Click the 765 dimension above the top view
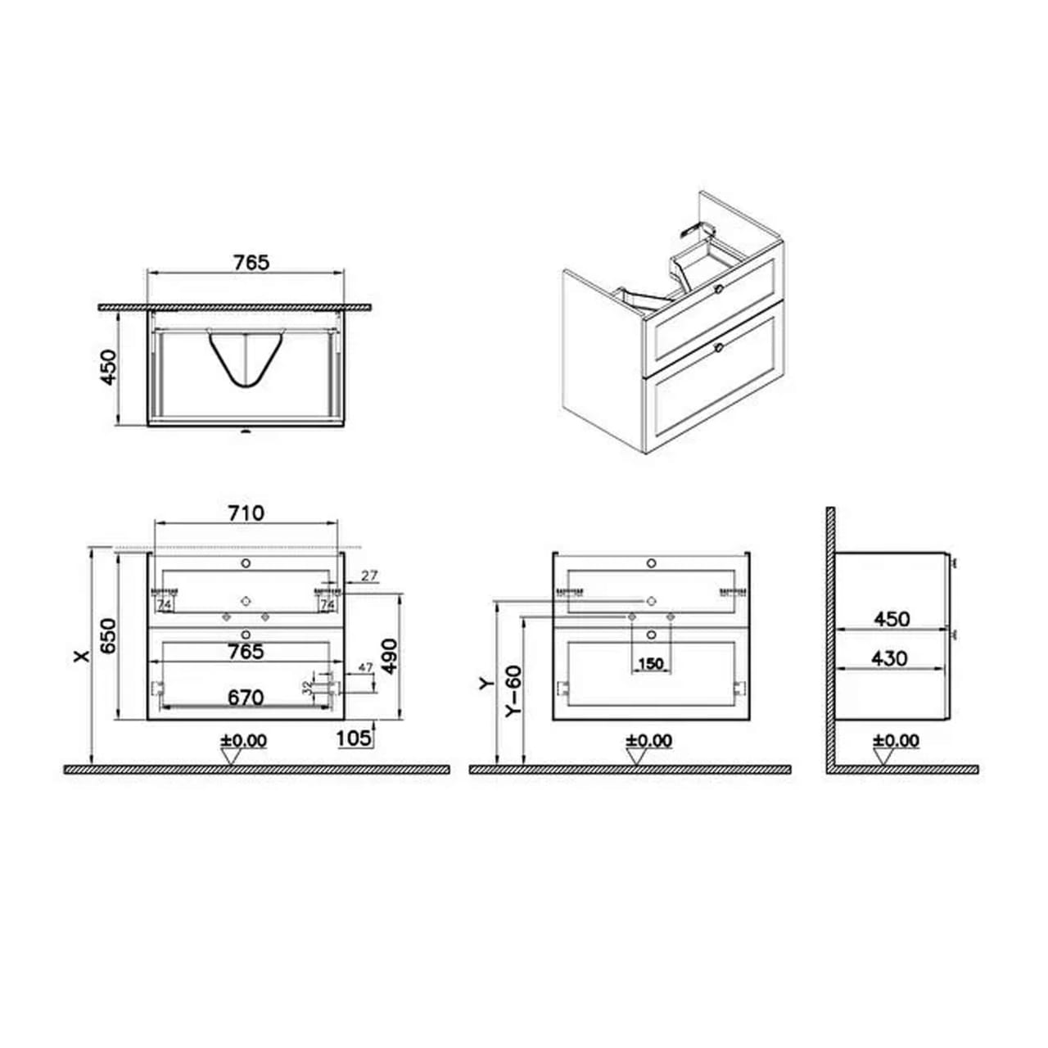tap(251, 262)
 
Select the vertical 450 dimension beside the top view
tap(108, 370)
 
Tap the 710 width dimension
tap(246, 513)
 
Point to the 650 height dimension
tap(108, 635)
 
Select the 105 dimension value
tap(354, 738)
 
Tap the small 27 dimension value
tap(369, 576)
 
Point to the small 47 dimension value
tap(365, 668)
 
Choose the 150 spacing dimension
tap(651, 663)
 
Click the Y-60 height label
tap(514, 693)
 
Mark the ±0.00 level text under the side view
tap(896, 740)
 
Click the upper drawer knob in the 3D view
tap(719, 288)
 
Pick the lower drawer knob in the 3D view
tap(718, 348)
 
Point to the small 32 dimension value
tap(308, 686)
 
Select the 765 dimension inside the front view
tap(246, 652)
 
